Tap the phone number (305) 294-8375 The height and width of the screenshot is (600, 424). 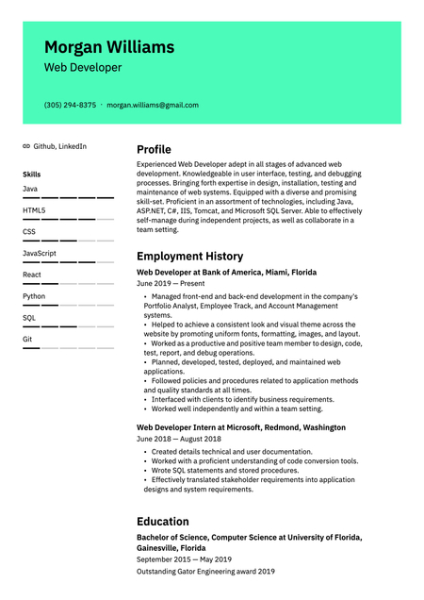coord(70,105)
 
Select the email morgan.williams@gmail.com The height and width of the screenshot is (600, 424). coord(153,105)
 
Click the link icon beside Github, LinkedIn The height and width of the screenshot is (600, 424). coord(26,147)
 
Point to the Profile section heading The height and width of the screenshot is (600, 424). coord(154,149)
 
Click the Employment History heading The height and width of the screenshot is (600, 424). coord(189,256)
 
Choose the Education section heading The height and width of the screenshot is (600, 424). coord(162,521)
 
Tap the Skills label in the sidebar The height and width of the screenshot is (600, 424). coord(31,175)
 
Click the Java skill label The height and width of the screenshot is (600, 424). coord(30,189)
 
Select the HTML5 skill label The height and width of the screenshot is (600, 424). coord(34,210)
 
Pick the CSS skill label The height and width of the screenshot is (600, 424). coord(29,231)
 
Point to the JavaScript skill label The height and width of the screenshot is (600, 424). coord(40,253)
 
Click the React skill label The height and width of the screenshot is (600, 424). coord(32,275)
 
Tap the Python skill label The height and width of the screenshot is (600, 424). coord(34,296)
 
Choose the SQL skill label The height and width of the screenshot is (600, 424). coord(29,318)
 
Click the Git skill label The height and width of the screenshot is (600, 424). coord(27,339)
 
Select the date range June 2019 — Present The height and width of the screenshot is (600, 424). coord(171,283)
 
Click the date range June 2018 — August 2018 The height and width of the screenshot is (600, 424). coord(179,439)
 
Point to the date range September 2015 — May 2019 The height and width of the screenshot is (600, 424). coord(184,558)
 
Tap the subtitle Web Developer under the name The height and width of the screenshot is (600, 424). coord(83,68)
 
